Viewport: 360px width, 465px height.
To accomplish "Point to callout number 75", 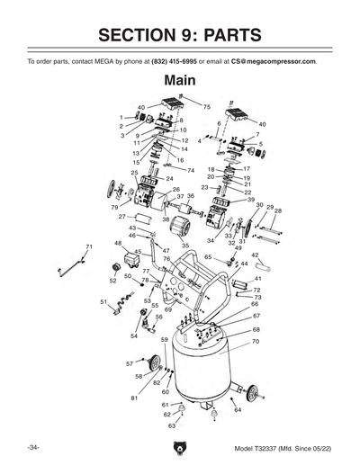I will click(x=206, y=107).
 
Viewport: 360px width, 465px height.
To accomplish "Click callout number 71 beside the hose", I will click(x=88, y=246).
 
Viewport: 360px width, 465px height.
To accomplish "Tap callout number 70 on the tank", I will click(x=256, y=342).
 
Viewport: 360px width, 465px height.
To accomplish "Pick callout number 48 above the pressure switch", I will click(x=118, y=243).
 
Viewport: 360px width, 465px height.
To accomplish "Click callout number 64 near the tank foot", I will click(x=238, y=410).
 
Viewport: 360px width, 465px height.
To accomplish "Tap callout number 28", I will click(x=277, y=211).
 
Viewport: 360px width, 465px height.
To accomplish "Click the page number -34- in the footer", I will click(x=32, y=447).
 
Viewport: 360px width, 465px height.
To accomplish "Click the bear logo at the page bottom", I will click(x=180, y=447).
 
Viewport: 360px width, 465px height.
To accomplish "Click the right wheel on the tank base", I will click(x=255, y=392).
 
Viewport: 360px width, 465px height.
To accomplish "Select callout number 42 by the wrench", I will click(x=256, y=255).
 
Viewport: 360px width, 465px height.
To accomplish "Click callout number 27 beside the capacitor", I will click(x=121, y=217).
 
